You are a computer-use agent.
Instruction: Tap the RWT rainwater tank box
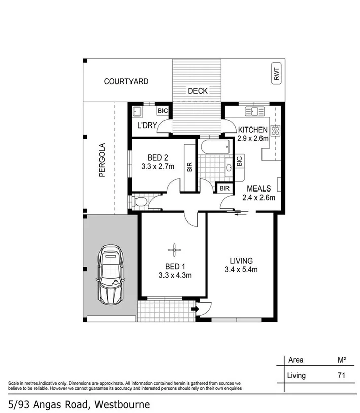coord(276,76)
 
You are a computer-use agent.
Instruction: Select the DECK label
coord(198,91)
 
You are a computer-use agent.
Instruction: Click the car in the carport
coord(111,275)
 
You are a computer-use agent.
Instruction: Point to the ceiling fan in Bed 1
coord(174,249)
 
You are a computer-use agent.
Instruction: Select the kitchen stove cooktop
coord(276,131)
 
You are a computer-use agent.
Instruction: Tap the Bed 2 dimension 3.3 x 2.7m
coord(157,166)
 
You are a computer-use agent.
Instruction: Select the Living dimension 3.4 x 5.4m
coord(241,269)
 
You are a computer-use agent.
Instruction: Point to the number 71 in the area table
coord(343,376)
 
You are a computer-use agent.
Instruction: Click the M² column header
coord(342,360)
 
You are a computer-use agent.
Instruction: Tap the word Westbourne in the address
coord(121,404)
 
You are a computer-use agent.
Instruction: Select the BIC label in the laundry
coord(163,111)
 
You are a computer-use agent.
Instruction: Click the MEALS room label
coord(258,188)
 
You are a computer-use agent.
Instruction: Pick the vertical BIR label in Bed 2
coord(189,167)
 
